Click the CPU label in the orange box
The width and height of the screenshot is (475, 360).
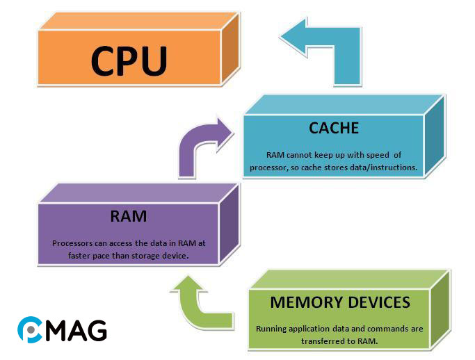click(129, 60)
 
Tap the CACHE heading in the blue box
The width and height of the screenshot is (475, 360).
click(334, 128)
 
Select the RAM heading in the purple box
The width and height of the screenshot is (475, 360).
click(129, 216)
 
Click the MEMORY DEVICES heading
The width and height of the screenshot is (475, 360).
click(339, 302)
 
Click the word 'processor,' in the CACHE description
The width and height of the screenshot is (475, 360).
click(273, 167)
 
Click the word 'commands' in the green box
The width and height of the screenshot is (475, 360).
click(385, 328)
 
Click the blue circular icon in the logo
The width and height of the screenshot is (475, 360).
click(29, 329)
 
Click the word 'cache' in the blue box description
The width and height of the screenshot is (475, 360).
click(316, 167)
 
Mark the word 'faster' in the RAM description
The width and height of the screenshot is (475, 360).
click(83, 255)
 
